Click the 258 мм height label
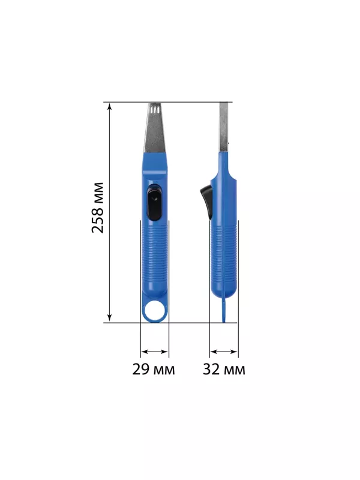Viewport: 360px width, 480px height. [98, 208]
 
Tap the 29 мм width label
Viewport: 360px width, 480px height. [154, 369]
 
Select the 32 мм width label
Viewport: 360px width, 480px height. [224, 369]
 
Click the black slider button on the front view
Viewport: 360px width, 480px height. [154, 202]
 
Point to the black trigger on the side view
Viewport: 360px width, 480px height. [206, 202]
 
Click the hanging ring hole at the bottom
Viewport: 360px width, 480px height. [155, 310]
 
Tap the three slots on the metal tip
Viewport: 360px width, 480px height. [155, 109]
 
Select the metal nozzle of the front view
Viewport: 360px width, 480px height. [155, 128]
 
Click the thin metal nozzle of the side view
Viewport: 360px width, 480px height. [224, 127]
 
